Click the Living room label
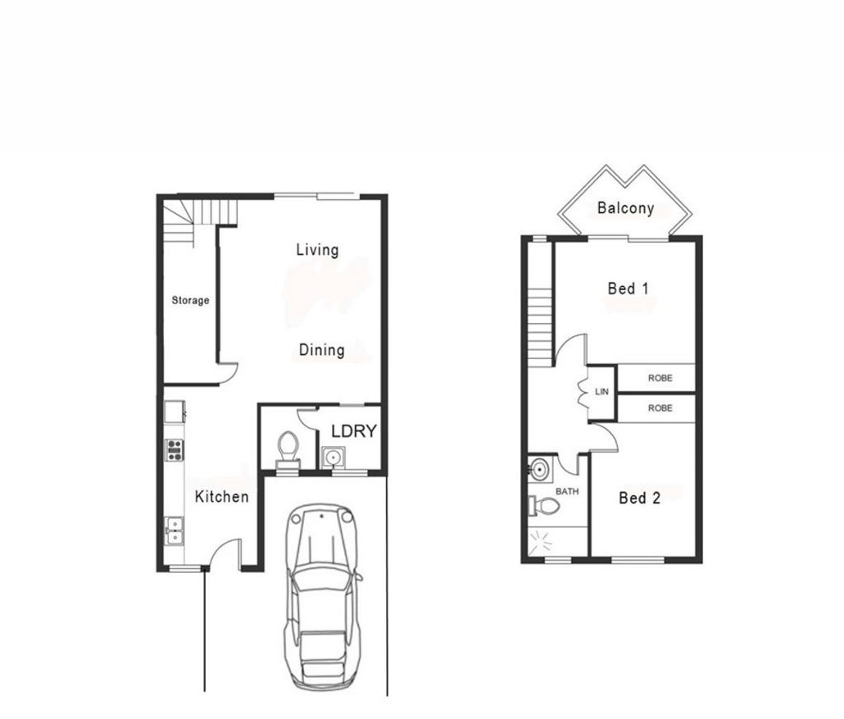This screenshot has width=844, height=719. [318, 250]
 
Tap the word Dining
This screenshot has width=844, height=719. [322, 350]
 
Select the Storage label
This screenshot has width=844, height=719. [191, 301]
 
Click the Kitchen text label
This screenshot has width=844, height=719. [222, 497]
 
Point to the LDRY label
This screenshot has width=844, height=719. [354, 431]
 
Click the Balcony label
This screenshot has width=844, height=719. [625, 208]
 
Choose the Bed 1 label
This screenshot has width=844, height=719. [628, 289]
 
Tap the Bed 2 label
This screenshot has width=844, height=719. [639, 498]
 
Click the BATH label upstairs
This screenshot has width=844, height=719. [567, 491]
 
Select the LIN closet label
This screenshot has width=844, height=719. [601, 392]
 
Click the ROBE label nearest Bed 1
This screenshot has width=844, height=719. [660, 378]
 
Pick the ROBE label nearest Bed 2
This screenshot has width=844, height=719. [660, 408]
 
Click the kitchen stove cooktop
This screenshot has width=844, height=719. [175, 450]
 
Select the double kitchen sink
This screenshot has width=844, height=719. [175, 530]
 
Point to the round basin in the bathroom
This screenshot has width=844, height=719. [539, 469]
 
